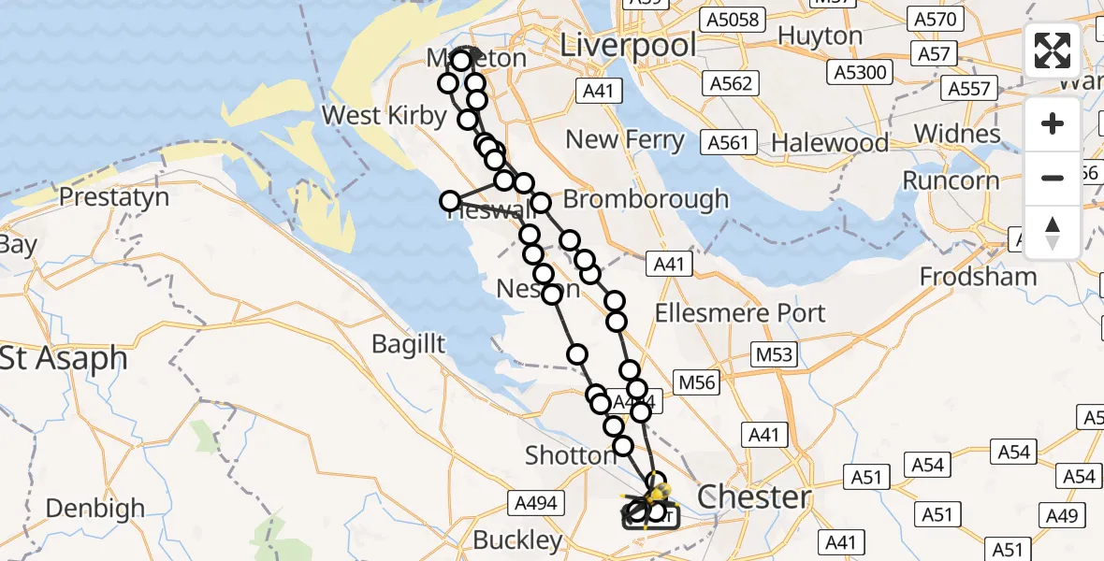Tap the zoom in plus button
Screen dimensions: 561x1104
pos(1053,123)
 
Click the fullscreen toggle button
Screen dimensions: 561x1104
pos(1053,50)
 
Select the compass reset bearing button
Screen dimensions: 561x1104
pos(1053,232)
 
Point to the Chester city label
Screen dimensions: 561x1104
pos(753,496)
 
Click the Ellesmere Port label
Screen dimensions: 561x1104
pos(740,312)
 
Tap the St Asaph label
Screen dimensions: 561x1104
pos(64,358)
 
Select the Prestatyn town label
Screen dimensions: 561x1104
pos(114,197)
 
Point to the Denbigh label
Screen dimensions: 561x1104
pos(94,509)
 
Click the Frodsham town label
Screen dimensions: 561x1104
pos(978,277)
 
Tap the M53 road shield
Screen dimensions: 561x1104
pos(774,354)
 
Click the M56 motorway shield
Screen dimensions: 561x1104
pos(695,382)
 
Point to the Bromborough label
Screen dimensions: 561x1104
pos(646,198)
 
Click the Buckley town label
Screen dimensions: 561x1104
pos(517,539)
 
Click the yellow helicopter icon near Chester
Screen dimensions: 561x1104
pos(658,491)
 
